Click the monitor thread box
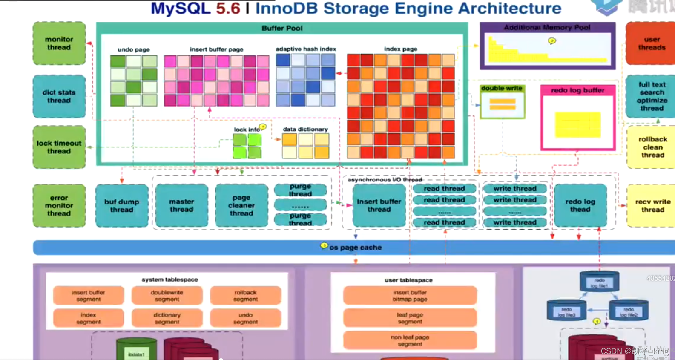click(59, 43)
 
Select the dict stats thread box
click(59, 96)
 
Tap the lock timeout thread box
click(59, 147)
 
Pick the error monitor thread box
click(59, 205)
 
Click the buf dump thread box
click(122, 205)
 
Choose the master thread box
click(181, 205)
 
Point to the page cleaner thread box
click(241, 205)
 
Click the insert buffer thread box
click(379, 205)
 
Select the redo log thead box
click(580, 205)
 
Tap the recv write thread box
click(652, 205)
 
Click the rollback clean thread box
click(652, 147)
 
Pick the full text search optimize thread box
click(651, 96)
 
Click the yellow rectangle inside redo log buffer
click(577, 125)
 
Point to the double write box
click(503, 101)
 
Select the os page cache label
click(355, 248)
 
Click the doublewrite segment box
click(167, 296)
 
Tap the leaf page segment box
click(410, 318)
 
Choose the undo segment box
click(245, 318)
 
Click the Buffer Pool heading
click(282, 28)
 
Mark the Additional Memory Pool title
click(547, 27)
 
